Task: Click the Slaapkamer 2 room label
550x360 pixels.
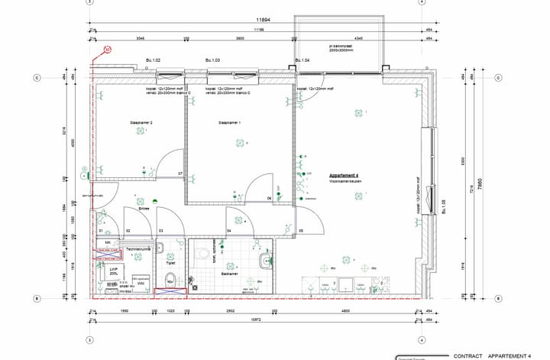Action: [141, 123]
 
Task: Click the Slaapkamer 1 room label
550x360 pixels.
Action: [229, 123]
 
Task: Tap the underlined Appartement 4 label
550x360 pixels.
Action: [344, 175]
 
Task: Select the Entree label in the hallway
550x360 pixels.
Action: [143, 208]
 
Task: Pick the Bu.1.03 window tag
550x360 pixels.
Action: [212, 60]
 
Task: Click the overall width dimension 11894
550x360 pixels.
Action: [264, 20]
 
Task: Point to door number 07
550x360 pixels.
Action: [181, 174]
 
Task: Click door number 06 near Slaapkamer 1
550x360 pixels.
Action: [269, 198]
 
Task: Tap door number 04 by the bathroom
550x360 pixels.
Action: [229, 229]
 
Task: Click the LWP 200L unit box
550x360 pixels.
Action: [115, 271]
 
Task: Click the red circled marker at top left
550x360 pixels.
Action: [108, 49]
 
